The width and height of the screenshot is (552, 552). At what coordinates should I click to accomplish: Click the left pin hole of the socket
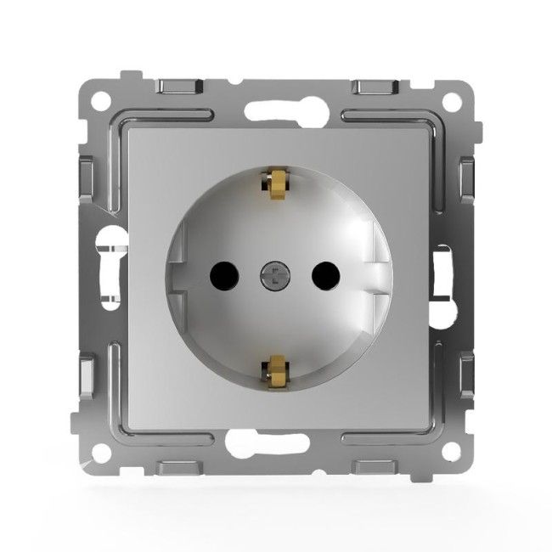point(222,273)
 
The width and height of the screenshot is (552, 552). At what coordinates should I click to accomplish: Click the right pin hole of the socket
point(325,273)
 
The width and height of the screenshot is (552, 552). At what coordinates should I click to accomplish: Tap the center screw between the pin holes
point(273,274)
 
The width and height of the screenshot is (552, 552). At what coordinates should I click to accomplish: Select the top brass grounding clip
point(274,182)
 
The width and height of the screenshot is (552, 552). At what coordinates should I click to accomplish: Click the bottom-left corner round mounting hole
point(101,451)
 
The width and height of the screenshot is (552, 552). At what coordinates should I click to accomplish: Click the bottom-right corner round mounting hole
point(452,451)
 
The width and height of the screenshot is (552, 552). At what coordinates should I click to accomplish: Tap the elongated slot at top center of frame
point(275,110)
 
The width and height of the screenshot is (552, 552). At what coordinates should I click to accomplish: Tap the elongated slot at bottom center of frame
point(275,442)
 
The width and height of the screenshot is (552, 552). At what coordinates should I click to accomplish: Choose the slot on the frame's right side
point(442,273)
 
